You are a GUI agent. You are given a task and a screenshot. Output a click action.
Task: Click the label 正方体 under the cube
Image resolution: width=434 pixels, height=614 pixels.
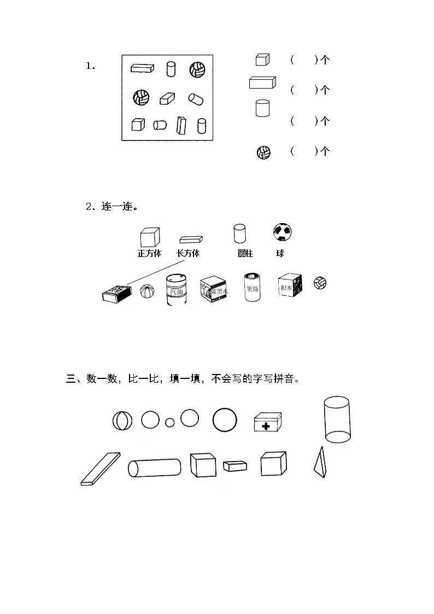pos(149,254)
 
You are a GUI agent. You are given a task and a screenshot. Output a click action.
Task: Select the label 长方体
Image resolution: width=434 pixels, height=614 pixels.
pos(188,254)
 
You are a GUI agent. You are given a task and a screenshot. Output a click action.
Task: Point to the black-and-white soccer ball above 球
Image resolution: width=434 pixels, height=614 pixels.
pos(282,232)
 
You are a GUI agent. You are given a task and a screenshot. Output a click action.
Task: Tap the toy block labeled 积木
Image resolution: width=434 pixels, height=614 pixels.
pos(290,285)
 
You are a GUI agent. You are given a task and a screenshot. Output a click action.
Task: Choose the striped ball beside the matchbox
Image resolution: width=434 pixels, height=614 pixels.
pos(147,291)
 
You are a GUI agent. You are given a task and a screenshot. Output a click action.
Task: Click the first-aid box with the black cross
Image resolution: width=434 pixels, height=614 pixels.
pos(268,422)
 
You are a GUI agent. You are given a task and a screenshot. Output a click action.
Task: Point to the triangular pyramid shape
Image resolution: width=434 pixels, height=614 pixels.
pos(320,463)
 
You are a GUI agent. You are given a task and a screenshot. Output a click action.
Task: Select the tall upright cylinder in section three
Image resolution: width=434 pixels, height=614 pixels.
pos(337,419)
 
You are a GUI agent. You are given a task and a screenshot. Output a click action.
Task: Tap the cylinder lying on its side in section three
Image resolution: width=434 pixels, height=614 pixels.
pos(155,468)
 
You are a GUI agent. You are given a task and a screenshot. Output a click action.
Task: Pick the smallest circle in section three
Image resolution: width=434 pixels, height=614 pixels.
pos(170,422)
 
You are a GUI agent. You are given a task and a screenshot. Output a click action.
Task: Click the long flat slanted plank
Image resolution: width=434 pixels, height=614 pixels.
pos(101,469)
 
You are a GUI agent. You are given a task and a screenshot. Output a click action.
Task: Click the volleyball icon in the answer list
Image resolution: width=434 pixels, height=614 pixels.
pos(263,153)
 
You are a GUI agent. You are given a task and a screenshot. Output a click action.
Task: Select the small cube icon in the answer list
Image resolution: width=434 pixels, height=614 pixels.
pos(262,60)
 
